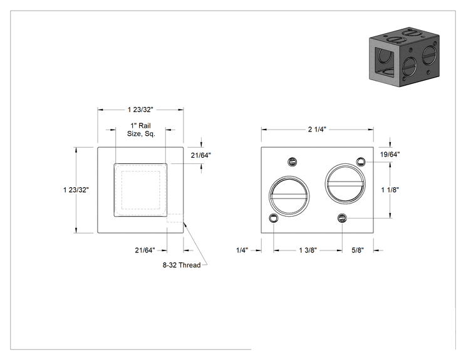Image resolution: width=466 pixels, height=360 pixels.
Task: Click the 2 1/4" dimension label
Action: click(317, 129)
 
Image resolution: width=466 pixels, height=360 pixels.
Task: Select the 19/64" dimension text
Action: click(390, 154)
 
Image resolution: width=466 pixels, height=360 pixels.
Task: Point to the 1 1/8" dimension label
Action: click(390, 190)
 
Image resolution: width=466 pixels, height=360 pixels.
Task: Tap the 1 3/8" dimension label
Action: click(308, 250)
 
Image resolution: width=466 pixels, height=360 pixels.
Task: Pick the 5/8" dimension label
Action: click(358, 250)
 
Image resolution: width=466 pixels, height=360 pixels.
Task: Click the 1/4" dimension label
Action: click(242, 250)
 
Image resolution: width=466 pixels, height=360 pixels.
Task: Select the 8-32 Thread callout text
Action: click(182, 265)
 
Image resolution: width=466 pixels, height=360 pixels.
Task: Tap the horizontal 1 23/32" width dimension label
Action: click(140, 110)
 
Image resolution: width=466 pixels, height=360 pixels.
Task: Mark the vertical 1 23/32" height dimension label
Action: click(76, 190)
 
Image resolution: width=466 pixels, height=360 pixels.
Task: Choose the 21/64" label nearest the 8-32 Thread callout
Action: click(145, 250)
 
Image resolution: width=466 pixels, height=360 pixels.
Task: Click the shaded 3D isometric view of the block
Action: click(404, 57)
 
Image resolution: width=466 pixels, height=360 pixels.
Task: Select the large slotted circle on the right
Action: click(345, 164)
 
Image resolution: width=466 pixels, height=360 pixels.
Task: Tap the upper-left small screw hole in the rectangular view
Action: click(293, 162)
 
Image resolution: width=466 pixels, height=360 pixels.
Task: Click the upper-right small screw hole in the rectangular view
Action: click(361, 162)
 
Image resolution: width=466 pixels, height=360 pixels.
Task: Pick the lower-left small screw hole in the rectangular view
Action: click(273, 219)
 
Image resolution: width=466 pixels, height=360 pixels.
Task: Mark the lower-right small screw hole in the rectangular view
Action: click(343, 219)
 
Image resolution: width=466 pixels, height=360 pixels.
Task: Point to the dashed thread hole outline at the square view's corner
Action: click(175, 214)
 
